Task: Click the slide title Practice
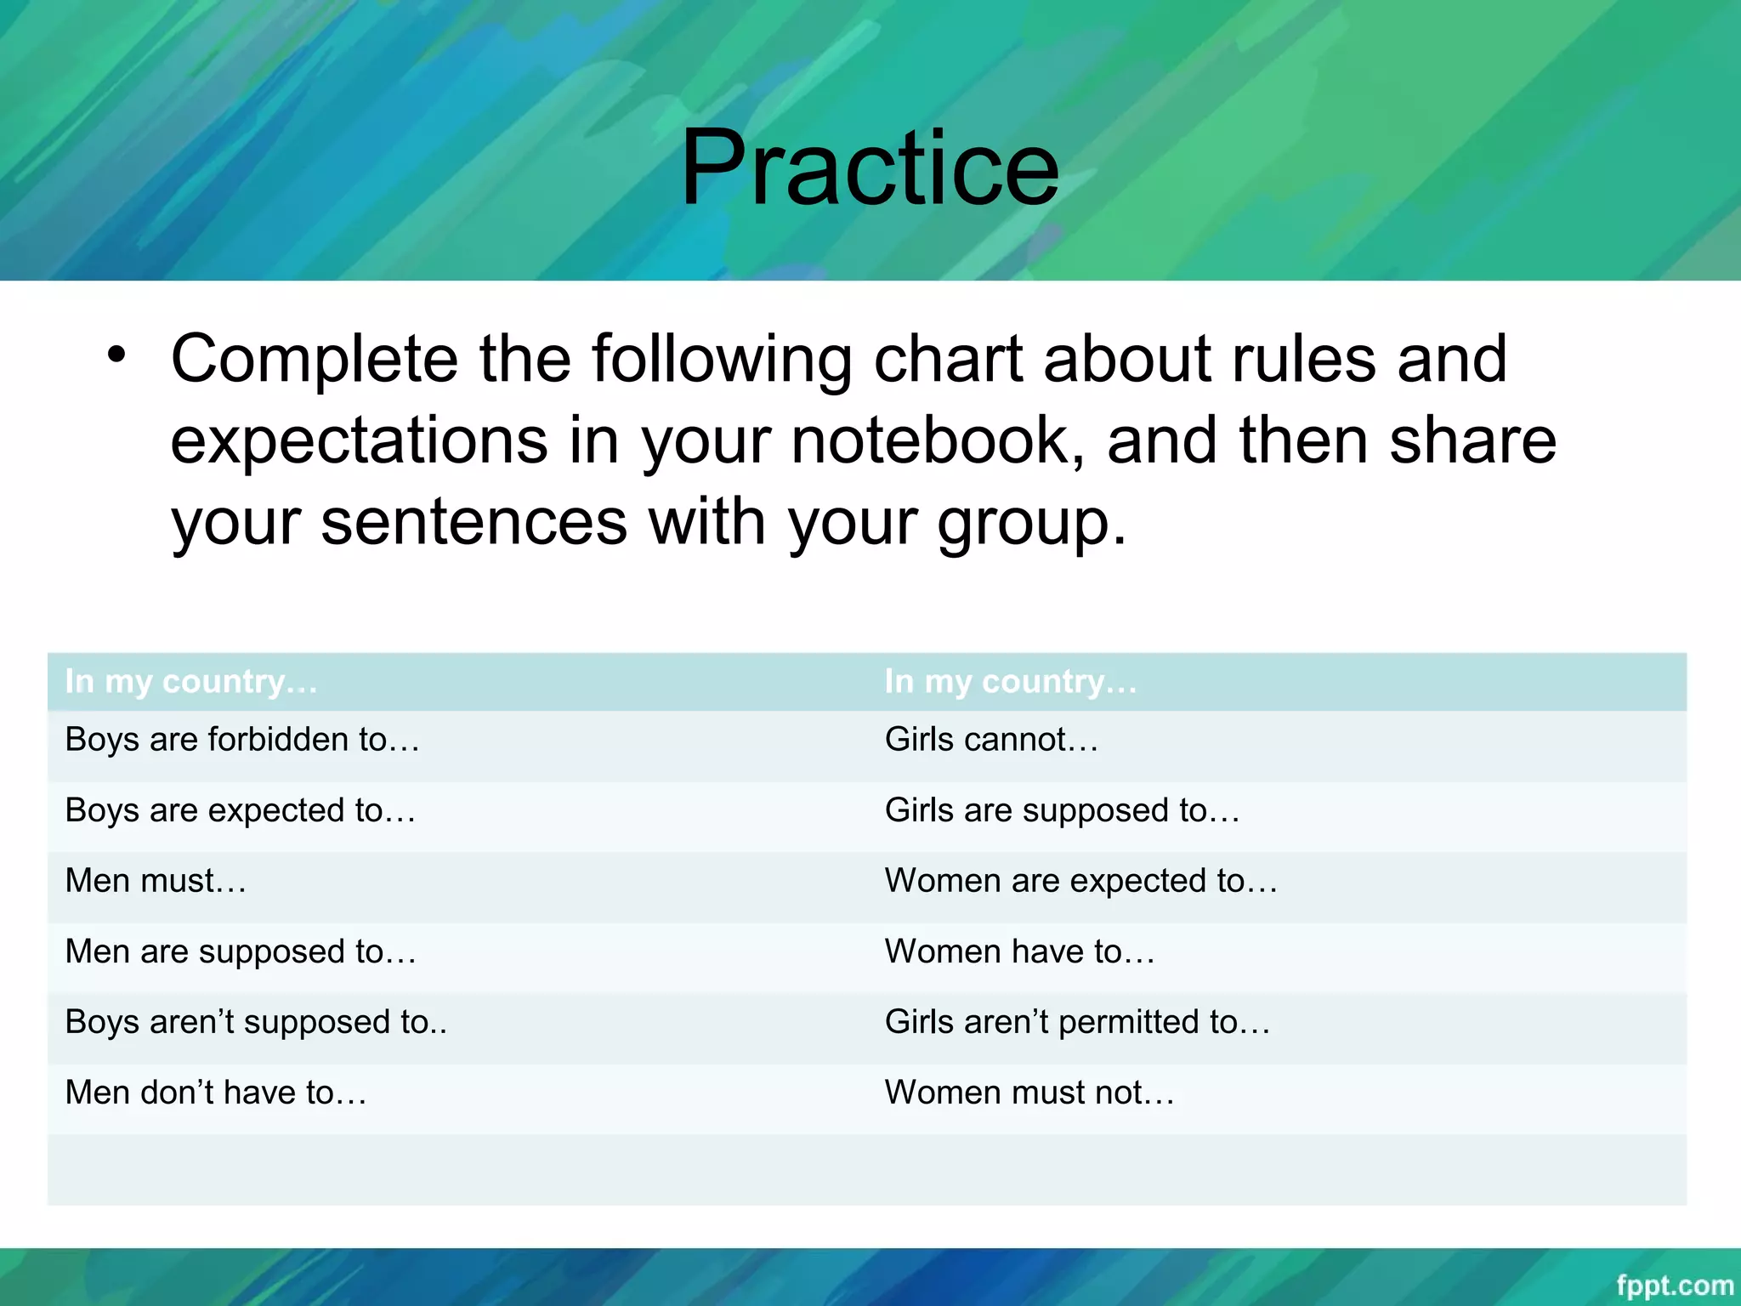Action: click(x=870, y=168)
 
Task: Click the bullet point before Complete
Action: click(x=116, y=355)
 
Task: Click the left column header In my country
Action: click(x=191, y=682)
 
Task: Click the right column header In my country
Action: click(x=1010, y=682)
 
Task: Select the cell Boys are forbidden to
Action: click(x=242, y=740)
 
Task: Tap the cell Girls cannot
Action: click(x=991, y=740)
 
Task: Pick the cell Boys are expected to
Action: click(x=241, y=810)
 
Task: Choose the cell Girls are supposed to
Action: click(x=1062, y=810)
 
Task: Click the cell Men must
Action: click(x=156, y=881)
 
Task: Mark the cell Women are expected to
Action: click(x=1080, y=881)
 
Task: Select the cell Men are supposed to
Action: click(x=241, y=951)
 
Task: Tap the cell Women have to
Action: click(x=1019, y=951)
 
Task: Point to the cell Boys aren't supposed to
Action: click(x=255, y=1022)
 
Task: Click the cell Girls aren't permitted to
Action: click(x=1077, y=1022)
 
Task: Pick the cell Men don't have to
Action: click(x=216, y=1093)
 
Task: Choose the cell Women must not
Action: click(x=1029, y=1093)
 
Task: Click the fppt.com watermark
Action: click(x=1674, y=1285)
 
